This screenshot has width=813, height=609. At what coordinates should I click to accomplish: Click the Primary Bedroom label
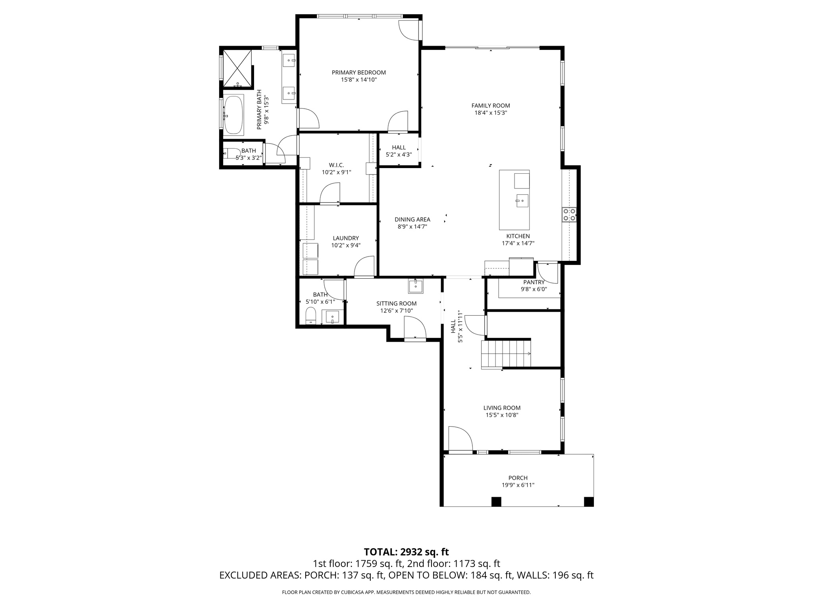(358, 73)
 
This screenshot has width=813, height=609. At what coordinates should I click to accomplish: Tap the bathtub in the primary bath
(233, 115)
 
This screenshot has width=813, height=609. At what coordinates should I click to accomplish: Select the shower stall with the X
(237, 68)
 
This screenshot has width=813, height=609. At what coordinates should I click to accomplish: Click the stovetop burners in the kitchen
(569, 214)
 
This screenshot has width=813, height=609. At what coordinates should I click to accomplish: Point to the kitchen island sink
(522, 201)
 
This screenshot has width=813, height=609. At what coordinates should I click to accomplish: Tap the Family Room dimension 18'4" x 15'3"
(491, 113)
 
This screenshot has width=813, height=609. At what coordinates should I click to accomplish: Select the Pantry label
(534, 282)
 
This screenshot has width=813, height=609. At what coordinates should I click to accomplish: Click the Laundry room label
(346, 238)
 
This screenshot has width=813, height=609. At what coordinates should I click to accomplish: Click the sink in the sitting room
(416, 286)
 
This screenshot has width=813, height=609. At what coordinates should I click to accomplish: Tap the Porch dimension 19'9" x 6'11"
(518, 485)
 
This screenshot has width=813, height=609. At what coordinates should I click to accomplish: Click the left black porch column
(496, 502)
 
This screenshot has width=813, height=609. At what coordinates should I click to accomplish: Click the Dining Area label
(412, 220)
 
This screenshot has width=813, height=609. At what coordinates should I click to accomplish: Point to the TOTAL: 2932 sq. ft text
(406, 552)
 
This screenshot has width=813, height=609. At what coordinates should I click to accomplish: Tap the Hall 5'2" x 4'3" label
(399, 151)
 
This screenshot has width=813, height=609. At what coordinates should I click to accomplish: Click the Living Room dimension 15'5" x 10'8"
(502, 415)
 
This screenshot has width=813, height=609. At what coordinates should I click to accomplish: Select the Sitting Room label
(397, 304)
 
